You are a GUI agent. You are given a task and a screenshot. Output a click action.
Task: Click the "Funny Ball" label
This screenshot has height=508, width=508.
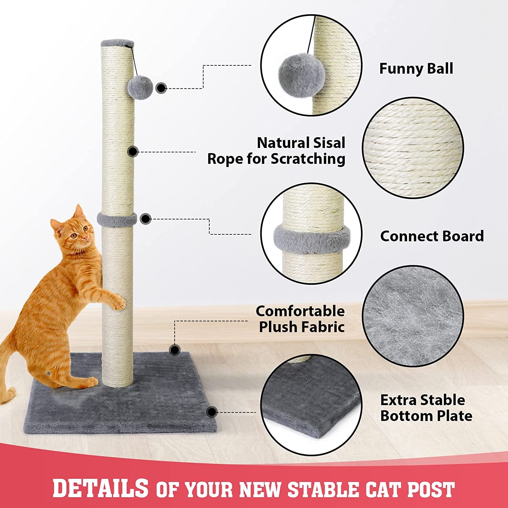tap(416, 69)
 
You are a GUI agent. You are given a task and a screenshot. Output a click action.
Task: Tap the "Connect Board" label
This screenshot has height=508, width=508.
tap(432, 236)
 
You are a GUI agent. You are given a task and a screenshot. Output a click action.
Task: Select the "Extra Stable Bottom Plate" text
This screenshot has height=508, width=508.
tap(426, 408)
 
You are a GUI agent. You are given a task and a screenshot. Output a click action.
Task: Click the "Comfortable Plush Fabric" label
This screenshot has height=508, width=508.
tap(300, 319)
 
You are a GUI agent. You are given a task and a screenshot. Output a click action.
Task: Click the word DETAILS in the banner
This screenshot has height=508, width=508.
tap(101, 488)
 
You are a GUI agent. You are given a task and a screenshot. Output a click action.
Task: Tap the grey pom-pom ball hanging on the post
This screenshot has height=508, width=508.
tap(141, 87)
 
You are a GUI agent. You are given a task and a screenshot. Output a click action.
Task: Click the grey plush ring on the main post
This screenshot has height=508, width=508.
tap(117, 219)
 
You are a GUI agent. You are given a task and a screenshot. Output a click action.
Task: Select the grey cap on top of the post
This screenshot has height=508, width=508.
tap(117, 43)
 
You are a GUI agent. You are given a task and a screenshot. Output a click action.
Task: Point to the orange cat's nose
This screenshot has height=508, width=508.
tap(86, 238)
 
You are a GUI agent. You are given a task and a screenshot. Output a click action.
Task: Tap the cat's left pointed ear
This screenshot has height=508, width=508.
tap(79, 212)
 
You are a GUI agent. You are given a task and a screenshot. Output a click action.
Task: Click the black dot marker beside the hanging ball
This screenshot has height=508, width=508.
tap(161, 88)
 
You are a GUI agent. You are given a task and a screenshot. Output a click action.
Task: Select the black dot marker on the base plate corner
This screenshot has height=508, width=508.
tap(212, 412)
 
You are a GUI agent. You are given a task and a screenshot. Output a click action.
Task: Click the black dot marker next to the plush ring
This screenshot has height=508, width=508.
tap(146, 219)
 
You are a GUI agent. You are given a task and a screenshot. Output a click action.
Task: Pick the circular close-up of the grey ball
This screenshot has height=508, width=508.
tap(311, 65)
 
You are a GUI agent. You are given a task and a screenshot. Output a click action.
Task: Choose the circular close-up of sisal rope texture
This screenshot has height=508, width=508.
tap(413, 148)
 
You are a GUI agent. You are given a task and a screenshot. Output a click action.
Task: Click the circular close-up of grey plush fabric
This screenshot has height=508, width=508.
tap(413, 316)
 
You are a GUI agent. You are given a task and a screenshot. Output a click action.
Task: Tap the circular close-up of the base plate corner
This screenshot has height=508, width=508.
tap(311, 405)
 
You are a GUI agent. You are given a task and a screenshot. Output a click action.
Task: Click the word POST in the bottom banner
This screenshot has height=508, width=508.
tap(430, 490)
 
